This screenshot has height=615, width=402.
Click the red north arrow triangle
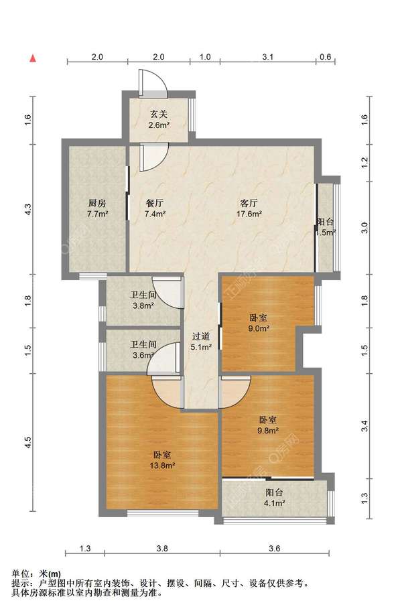(33, 58)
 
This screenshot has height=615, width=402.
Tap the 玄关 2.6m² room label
(159, 120)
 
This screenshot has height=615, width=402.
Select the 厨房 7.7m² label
(97, 208)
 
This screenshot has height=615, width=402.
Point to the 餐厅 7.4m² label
(155, 208)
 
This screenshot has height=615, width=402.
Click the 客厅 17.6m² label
(249, 208)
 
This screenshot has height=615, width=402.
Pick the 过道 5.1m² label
(201, 342)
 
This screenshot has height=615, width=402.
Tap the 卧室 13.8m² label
(162, 460)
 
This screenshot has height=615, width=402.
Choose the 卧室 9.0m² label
(259, 323)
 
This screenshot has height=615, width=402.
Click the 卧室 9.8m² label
(268, 425)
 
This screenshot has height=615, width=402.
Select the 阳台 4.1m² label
(274, 497)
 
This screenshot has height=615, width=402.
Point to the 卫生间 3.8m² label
(143, 300)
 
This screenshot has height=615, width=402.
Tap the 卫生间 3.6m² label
(143, 350)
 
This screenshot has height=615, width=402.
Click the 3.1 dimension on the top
(268, 57)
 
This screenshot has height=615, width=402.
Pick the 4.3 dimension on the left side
(28, 209)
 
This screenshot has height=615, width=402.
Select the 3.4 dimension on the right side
(364, 426)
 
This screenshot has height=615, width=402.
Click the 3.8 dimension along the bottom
(162, 548)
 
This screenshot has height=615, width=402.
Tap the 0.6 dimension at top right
(326, 57)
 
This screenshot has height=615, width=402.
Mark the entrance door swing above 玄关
(153, 83)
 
